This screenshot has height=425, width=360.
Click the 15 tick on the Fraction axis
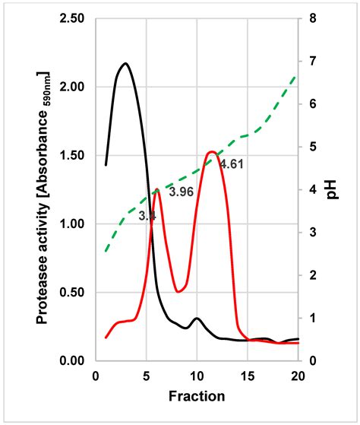[247, 376]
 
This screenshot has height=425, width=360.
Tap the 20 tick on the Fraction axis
[298, 376]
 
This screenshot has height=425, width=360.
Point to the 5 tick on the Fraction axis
[146, 376]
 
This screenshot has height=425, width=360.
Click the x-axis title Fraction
[196, 396]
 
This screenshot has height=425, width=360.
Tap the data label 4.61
[232, 163]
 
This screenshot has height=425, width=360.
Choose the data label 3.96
[181, 192]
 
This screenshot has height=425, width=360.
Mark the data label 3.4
[147, 216]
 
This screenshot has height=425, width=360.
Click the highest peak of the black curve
[125, 64]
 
